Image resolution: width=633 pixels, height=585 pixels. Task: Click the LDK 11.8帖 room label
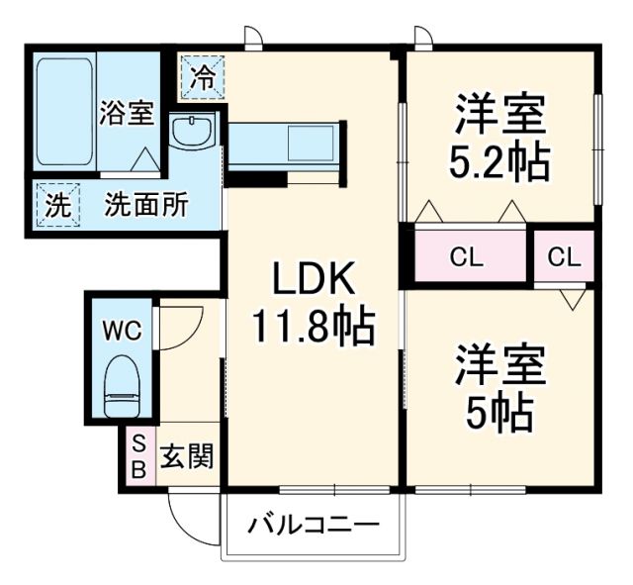click(314, 304)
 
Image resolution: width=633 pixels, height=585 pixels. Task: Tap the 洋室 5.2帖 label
click(500, 137)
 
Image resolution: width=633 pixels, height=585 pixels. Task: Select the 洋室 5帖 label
click(500, 387)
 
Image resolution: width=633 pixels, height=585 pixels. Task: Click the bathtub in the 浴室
click(64, 111)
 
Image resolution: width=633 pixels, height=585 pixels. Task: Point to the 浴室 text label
click(127, 112)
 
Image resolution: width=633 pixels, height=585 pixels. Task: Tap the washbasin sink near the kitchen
click(191, 132)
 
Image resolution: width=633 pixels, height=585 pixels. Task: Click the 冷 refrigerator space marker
click(202, 77)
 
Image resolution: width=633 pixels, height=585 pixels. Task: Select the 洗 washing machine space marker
click(57, 205)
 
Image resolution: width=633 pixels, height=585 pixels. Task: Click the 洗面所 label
click(146, 205)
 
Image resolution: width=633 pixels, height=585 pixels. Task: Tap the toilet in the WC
click(122, 386)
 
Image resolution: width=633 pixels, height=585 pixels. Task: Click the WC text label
click(122, 332)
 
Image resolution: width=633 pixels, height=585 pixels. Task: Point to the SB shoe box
click(140, 455)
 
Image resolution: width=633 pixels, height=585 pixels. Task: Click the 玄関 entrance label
click(187, 455)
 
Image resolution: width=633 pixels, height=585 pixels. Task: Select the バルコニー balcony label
click(314, 526)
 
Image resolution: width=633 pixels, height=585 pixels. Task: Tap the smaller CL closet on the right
click(565, 256)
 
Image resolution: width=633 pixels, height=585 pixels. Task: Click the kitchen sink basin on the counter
click(311, 143)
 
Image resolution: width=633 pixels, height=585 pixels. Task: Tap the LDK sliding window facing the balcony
click(334, 490)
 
